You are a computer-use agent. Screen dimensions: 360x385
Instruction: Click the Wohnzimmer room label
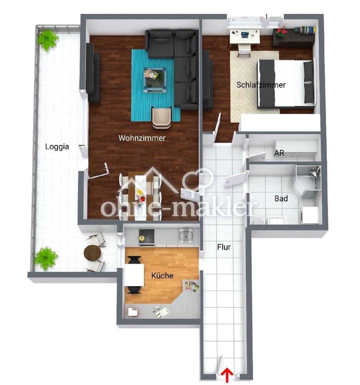click(142, 138)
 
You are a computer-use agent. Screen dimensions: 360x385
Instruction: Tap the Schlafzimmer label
click(261, 85)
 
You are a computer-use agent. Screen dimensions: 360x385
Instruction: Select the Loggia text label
click(57, 147)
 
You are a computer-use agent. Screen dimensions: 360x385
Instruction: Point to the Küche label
click(162, 276)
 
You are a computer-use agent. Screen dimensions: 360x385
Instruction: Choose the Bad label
click(281, 199)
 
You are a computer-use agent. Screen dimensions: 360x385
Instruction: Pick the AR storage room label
click(279, 153)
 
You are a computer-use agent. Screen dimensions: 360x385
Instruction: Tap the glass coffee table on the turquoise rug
click(155, 80)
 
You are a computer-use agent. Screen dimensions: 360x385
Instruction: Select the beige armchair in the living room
click(162, 118)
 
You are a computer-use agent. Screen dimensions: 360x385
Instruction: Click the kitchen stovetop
click(147, 236)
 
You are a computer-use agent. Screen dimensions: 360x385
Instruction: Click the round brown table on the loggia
click(93, 253)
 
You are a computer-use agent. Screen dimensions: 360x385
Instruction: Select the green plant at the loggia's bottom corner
click(46, 258)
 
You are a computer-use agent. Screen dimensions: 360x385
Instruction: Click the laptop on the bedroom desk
click(245, 35)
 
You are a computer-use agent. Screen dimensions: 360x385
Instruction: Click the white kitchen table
click(134, 275)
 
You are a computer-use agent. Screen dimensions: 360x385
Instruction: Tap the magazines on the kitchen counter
click(192, 286)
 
